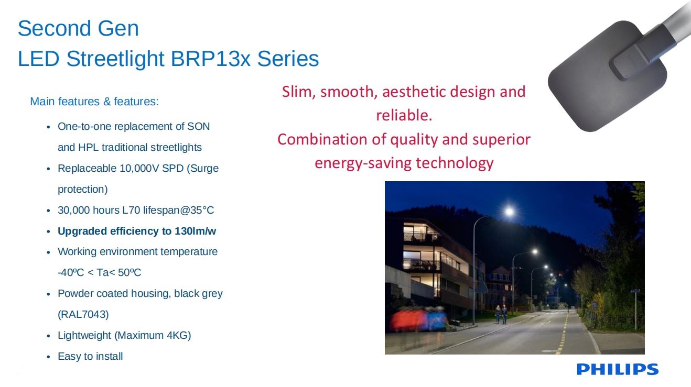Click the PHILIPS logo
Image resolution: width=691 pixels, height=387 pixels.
[618, 369]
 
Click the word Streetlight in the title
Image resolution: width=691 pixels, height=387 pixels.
[115, 59]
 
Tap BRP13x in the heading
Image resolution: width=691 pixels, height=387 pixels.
[210, 59]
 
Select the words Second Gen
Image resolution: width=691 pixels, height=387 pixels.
[78, 28]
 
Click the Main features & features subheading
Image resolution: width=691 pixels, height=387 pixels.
[94, 102]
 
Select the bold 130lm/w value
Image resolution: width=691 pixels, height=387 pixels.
[195, 231]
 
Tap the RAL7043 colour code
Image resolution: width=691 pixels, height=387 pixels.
[83, 314]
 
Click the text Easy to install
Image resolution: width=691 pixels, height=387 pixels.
[90, 356]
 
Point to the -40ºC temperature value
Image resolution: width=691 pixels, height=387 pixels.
[71, 272]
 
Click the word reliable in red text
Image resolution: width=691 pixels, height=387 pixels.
[401, 115]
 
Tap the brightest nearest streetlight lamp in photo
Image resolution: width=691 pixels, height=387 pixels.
[509, 212]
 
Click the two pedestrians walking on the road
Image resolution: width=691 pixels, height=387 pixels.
[501, 314]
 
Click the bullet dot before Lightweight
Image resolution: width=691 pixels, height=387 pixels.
[48, 336]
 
